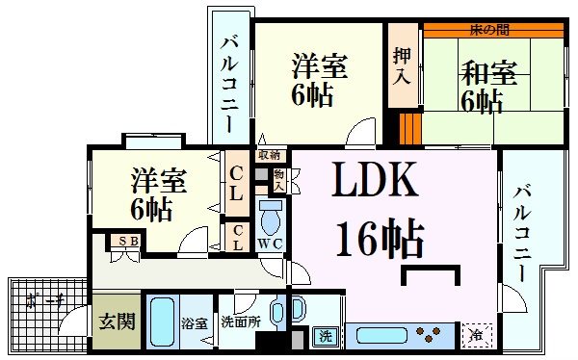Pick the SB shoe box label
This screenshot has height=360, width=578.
[x=125, y=242]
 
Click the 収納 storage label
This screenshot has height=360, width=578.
[x=268, y=154]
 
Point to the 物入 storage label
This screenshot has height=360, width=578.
[x=278, y=179]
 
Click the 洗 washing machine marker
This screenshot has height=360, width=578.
[x=326, y=336]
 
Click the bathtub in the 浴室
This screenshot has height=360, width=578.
[x=162, y=324]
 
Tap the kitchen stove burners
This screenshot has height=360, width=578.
[x=430, y=336]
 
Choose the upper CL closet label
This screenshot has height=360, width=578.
[x=236, y=181]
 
